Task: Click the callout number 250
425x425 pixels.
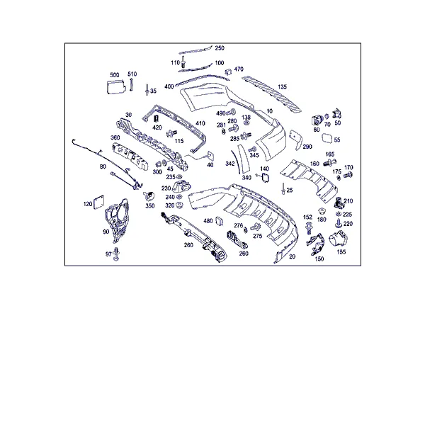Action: (x=220, y=48)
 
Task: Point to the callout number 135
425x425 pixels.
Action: (x=282, y=86)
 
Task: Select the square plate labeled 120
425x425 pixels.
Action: (x=98, y=202)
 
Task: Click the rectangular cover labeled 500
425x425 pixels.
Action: (x=116, y=86)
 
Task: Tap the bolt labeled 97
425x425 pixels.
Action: (x=116, y=254)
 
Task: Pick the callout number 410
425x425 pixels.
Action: (x=200, y=123)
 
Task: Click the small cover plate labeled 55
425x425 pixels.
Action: (x=327, y=139)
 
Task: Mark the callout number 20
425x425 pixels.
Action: (x=292, y=256)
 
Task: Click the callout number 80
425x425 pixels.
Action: (x=103, y=166)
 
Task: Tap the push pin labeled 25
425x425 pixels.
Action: (x=283, y=188)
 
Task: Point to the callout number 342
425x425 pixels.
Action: (x=229, y=164)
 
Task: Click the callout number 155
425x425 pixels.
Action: (x=341, y=251)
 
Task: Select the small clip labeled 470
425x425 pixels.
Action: (x=228, y=72)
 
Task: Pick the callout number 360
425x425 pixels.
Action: (x=115, y=137)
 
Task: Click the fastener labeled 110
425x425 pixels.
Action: (x=183, y=62)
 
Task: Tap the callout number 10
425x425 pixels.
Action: (x=269, y=111)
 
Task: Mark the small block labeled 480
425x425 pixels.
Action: (x=219, y=221)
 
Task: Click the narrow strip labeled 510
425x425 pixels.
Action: (x=132, y=85)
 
